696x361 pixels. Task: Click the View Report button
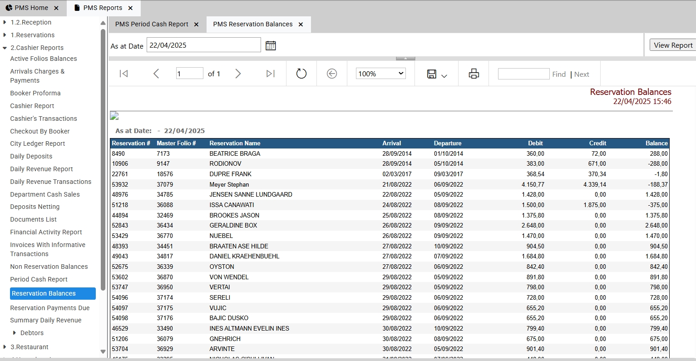pyautogui.click(x=673, y=45)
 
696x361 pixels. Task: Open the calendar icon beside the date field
pyautogui.click(x=271, y=46)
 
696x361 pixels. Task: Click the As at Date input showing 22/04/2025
pyautogui.click(x=203, y=45)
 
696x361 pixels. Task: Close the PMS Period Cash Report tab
pyautogui.click(x=197, y=24)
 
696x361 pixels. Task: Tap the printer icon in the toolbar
pyautogui.click(x=474, y=74)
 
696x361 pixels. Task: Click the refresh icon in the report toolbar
pyautogui.click(x=301, y=74)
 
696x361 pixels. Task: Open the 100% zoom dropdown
pyautogui.click(x=380, y=74)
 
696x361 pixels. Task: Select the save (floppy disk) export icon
pyautogui.click(x=432, y=74)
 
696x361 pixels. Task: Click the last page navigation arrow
pyautogui.click(x=270, y=74)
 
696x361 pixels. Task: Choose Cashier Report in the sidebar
pyautogui.click(x=32, y=106)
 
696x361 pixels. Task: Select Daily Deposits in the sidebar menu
pyautogui.click(x=31, y=156)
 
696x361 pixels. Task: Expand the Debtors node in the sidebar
pyautogui.click(x=14, y=333)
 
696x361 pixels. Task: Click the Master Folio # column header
pyautogui.click(x=176, y=143)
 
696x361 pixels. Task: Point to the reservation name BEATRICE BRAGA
pyautogui.click(x=235, y=153)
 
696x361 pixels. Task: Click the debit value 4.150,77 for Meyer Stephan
pyautogui.click(x=533, y=184)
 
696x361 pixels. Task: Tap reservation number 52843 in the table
pyautogui.click(x=120, y=226)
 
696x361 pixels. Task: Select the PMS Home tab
pyautogui.click(x=31, y=8)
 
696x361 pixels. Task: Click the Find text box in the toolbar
pyautogui.click(x=523, y=74)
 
